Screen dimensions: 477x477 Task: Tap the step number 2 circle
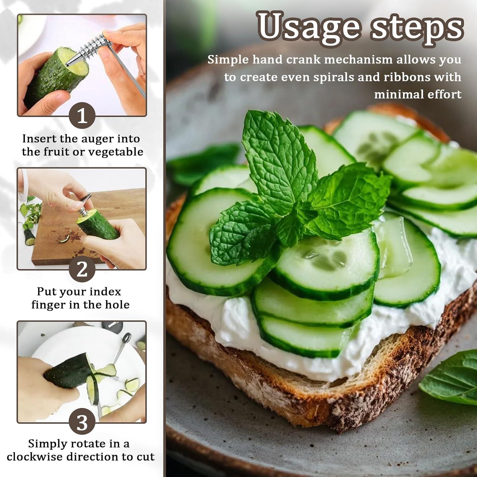[82, 269]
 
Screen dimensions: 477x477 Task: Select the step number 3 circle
[82, 423]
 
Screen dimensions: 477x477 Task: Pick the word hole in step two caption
[117, 305]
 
